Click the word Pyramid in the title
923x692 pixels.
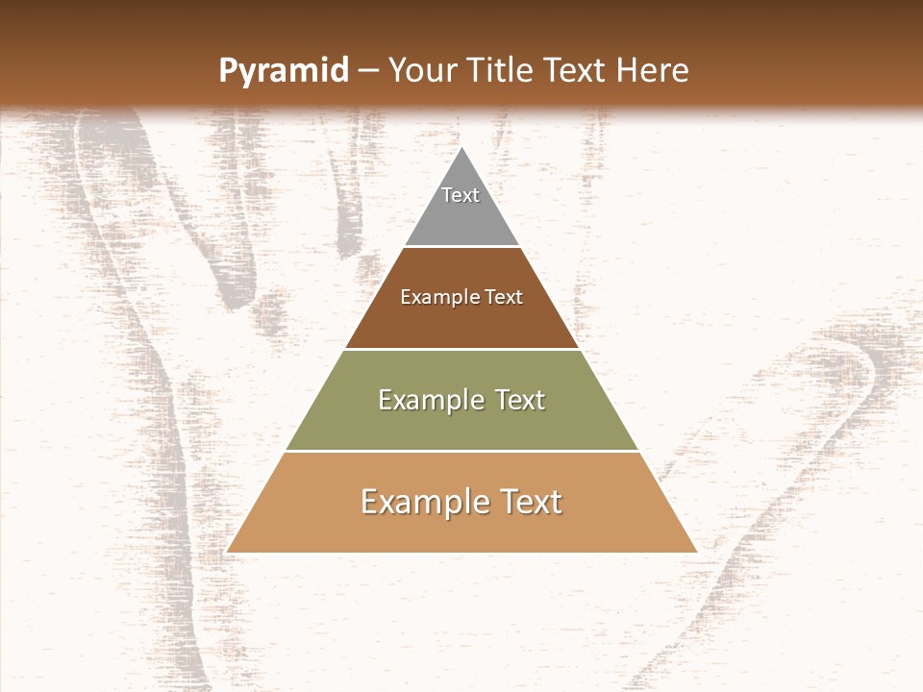tap(283, 70)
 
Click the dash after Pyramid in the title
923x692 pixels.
tap(367, 71)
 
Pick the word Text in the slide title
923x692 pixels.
tap(576, 70)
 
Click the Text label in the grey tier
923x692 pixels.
tap(461, 195)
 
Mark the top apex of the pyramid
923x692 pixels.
tap(461, 147)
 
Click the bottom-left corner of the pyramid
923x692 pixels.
tap(228, 552)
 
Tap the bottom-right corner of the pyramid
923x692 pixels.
tap(695, 552)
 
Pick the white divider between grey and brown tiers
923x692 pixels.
tap(461, 246)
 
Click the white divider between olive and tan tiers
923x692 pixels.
tap(461, 451)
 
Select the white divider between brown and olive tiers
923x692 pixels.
tap(461, 349)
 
